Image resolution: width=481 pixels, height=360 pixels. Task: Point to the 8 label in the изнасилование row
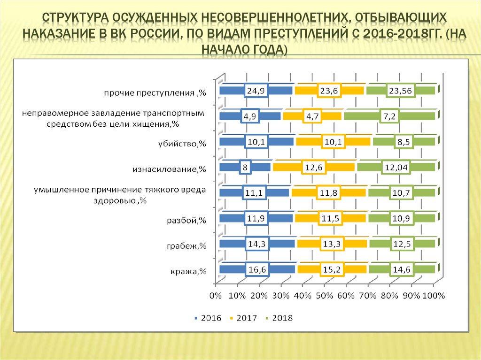[x=245, y=167]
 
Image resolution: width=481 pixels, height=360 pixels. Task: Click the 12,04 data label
[x=396, y=167]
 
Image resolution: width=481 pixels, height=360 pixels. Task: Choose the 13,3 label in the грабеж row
[x=333, y=244]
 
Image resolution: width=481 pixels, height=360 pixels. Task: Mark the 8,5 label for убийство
[x=402, y=142]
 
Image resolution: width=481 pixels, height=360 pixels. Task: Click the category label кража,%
[x=186, y=271]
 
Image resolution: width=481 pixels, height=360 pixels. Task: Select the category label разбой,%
[x=187, y=220]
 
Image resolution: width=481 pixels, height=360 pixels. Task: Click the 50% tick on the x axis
[x=324, y=296]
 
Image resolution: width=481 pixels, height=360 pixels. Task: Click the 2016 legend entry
[x=207, y=318]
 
